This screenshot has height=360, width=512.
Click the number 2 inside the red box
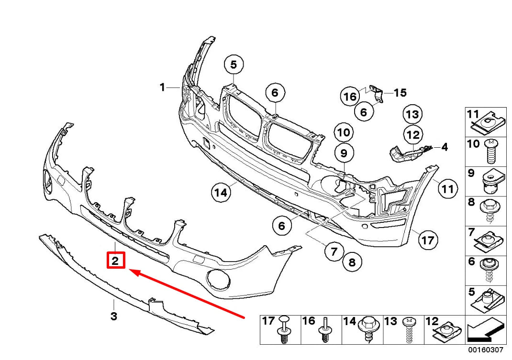[x=115, y=261]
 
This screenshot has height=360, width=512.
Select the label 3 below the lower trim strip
[x=114, y=316]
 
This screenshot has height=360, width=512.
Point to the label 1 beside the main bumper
[x=162, y=87]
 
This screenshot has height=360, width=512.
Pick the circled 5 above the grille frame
[x=234, y=65]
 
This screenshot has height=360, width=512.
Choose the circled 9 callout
[x=344, y=153]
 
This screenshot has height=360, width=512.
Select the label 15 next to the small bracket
[x=400, y=92]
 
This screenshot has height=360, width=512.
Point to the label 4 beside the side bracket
[x=444, y=147]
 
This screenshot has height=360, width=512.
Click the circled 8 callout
[x=352, y=262]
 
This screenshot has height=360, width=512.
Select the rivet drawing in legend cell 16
[x=326, y=329]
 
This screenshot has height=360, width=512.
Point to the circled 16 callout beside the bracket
[x=350, y=97]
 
